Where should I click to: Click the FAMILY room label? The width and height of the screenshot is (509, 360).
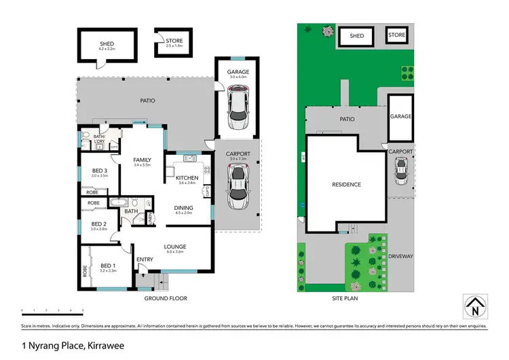[x=142, y=160]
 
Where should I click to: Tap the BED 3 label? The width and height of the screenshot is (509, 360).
[x=99, y=170]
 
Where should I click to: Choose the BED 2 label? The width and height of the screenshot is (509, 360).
[x=99, y=223]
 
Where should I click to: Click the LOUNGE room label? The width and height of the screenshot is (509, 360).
[x=174, y=247]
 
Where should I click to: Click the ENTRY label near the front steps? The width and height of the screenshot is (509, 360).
[x=145, y=259]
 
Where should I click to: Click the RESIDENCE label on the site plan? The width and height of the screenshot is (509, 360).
[x=346, y=184]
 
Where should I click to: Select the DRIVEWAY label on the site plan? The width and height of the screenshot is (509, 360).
[x=400, y=256]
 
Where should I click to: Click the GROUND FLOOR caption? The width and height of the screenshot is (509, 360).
[x=166, y=298]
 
